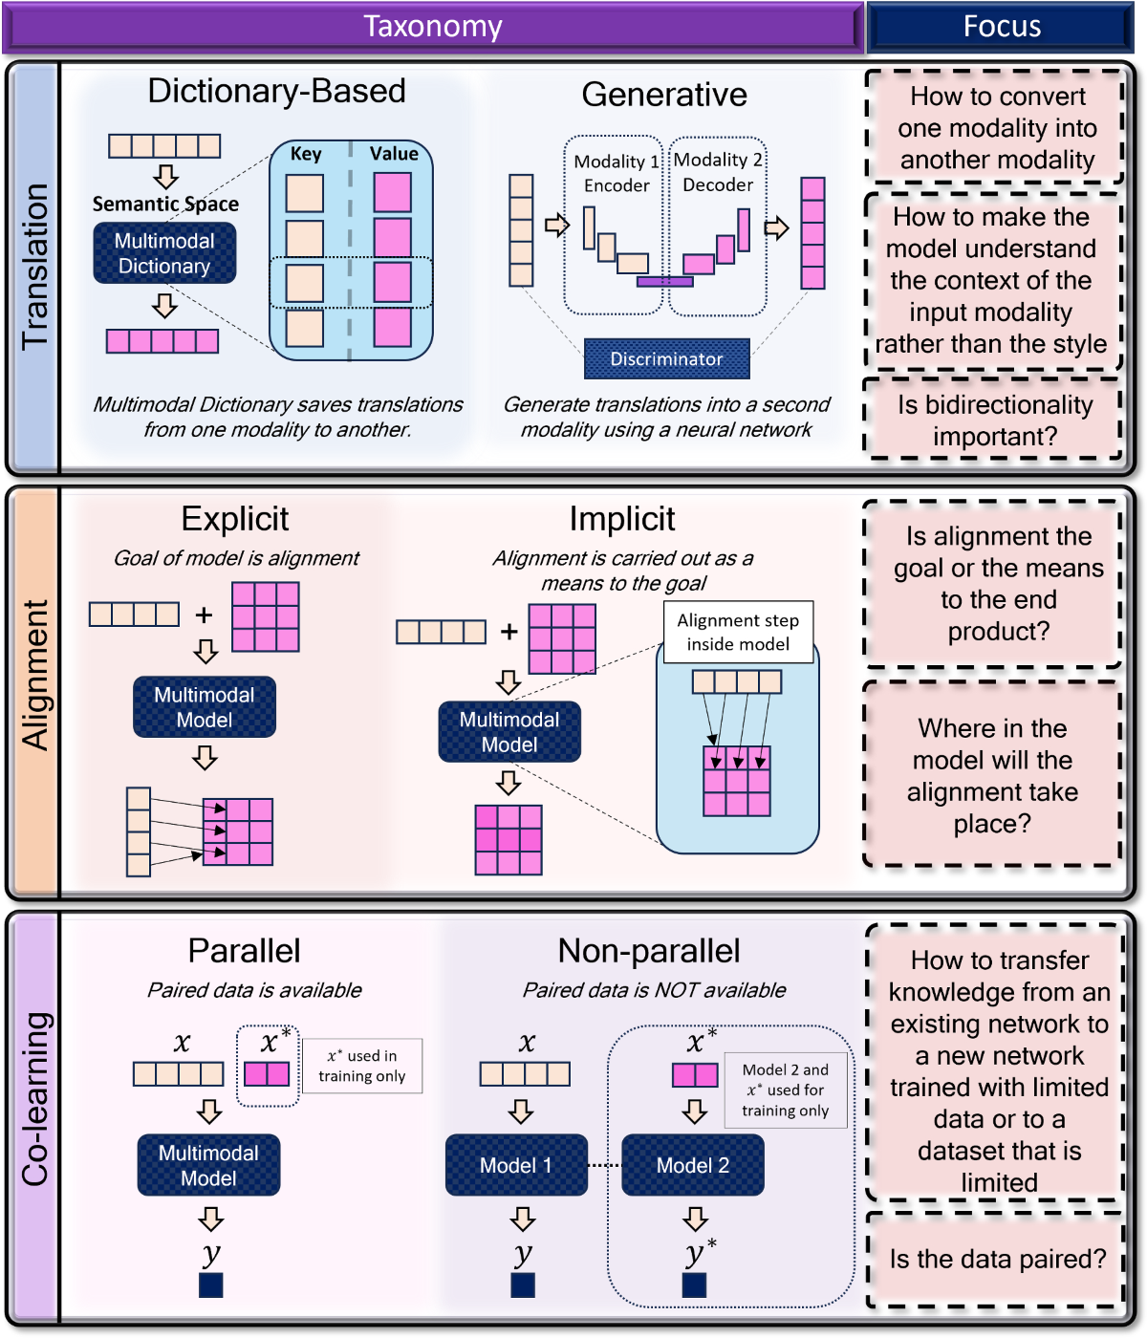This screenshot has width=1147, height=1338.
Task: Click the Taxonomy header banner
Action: click(433, 27)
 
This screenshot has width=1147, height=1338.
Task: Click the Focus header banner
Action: click(1001, 27)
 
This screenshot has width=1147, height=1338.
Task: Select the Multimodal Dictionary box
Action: click(164, 253)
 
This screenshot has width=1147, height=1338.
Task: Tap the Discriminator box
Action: click(666, 359)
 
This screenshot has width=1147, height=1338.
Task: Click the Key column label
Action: click(306, 154)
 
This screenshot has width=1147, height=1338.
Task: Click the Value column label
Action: click(394, 154)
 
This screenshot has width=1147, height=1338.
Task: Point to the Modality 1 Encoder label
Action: click(617, 173)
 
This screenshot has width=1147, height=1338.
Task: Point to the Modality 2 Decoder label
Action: click(718, 172)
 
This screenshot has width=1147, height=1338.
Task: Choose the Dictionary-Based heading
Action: click(276, 91)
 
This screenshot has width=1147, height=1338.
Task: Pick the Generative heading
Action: click(664, 95)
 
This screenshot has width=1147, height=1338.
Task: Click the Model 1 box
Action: click(516, 1165)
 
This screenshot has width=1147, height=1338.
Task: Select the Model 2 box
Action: click(693, 1165)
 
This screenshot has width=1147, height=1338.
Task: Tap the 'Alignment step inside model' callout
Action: click(738, 632)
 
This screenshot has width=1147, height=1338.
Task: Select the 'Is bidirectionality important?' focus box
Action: click(994, 420)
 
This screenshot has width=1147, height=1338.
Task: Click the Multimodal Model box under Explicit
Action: click(205, 707)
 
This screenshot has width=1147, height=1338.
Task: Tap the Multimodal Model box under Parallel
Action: click(208, 1165)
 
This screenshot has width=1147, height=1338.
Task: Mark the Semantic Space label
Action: click(165, 204)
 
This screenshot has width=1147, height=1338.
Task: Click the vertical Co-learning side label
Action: click(34, 1099)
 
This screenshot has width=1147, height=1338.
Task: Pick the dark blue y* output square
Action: click(694, 1285)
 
